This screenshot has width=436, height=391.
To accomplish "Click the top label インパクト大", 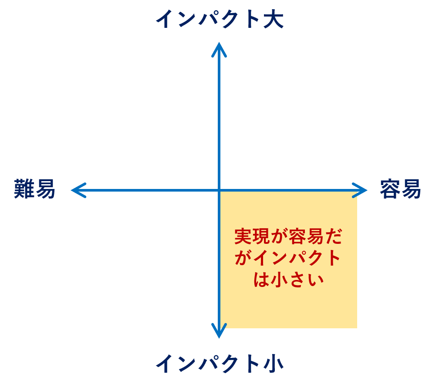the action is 220,19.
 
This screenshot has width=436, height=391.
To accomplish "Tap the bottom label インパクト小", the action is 220,364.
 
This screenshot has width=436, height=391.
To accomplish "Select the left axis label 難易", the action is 34,189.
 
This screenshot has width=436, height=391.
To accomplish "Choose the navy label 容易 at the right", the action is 400,189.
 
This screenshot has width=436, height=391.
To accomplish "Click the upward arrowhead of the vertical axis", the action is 219,50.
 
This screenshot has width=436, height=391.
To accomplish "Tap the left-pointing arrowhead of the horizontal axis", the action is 79,190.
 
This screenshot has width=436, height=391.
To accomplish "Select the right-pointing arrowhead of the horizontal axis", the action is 359,190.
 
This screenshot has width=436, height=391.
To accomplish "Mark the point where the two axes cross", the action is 219,190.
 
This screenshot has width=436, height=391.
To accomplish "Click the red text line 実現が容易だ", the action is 288,236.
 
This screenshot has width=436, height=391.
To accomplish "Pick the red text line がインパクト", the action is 288,258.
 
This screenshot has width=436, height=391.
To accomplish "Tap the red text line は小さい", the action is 288,279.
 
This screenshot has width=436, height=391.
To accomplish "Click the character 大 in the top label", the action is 274,19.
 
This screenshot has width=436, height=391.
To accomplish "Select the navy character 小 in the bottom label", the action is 274,364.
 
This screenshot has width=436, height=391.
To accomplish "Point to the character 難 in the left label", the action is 24,189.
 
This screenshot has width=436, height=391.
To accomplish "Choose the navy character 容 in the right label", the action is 390,189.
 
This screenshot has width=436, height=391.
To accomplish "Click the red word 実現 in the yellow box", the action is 252,236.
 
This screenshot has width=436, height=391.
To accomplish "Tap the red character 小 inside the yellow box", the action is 279,279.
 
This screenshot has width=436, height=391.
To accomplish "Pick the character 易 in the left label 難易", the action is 45,189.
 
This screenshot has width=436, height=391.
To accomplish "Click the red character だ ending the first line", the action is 333,236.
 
